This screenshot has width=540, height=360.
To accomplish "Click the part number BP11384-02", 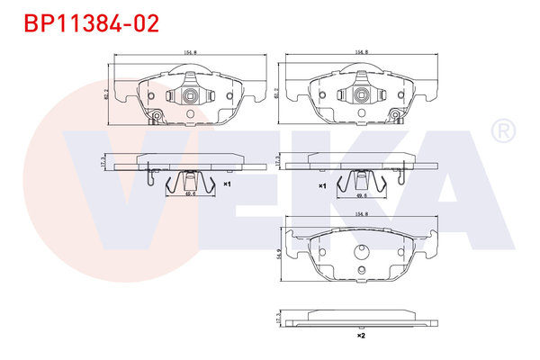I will click(89, 22).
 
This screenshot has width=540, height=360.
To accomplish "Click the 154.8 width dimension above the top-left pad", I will click(189, 53).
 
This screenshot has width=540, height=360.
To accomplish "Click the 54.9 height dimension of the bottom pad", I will click(277, 256).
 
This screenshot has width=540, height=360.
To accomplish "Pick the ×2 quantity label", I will click(360, 335).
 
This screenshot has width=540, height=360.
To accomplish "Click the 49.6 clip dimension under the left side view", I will click(190, 193).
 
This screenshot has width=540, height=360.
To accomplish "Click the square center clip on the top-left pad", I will click(190, 96).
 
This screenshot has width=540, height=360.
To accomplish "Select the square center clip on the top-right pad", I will click(362, 96).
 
